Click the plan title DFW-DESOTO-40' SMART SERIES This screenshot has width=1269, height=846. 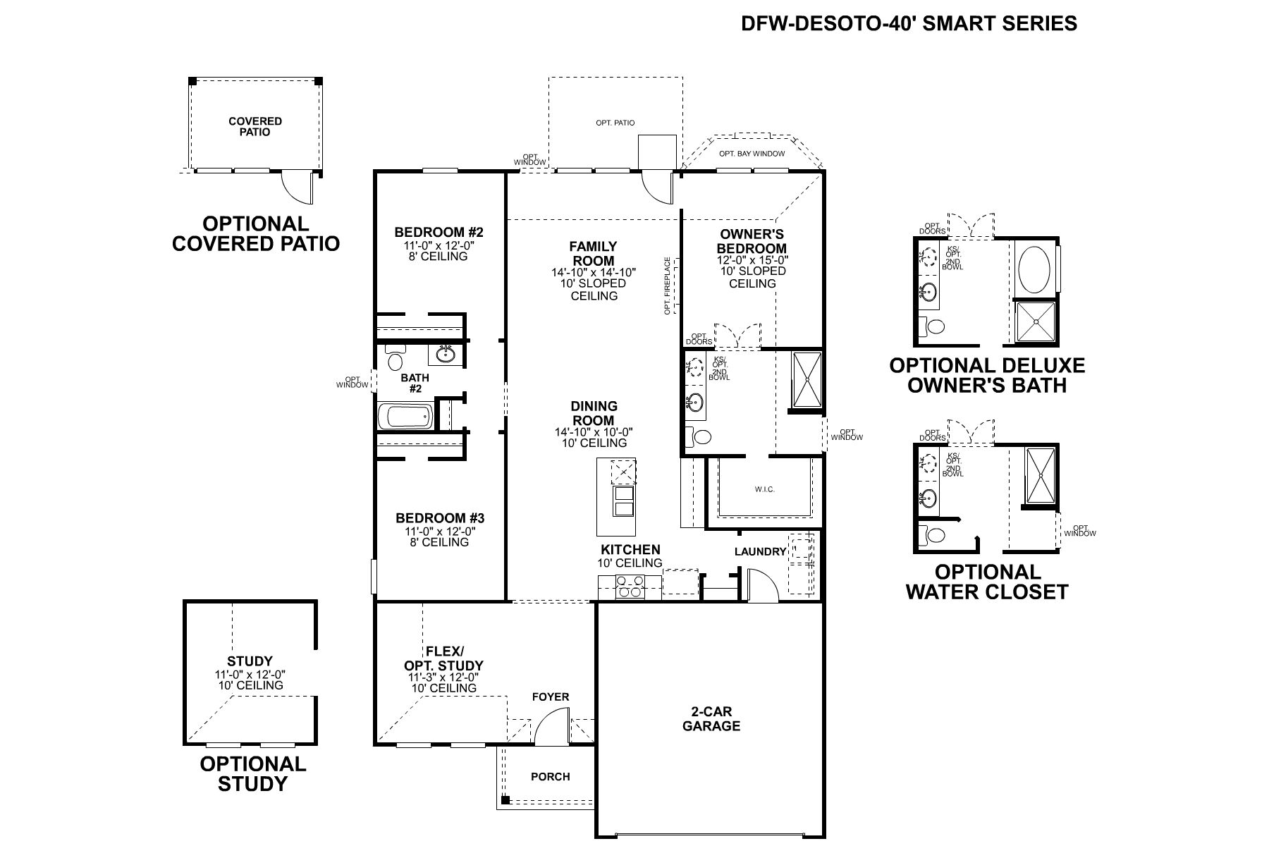point(909,24)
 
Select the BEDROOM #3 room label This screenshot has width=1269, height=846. point(440,518)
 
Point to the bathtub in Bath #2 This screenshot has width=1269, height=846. point(405,416)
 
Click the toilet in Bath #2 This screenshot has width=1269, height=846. point(396,358)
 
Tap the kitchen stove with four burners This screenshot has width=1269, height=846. point(630,586)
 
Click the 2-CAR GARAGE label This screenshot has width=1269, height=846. point(711,719)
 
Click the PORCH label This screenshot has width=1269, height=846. point(550,776)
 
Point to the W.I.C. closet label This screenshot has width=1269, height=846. point(764,489)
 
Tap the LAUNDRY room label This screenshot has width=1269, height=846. point(760,551)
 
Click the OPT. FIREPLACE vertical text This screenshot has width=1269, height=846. point(667,286)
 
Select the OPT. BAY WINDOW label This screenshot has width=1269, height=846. point(752,153)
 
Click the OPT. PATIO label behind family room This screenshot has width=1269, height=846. point(615,123)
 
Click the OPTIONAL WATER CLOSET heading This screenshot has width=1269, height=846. point(986,582)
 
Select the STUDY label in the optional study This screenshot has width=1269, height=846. point(250,661)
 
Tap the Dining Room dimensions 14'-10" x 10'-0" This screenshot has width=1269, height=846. point(594,431)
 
